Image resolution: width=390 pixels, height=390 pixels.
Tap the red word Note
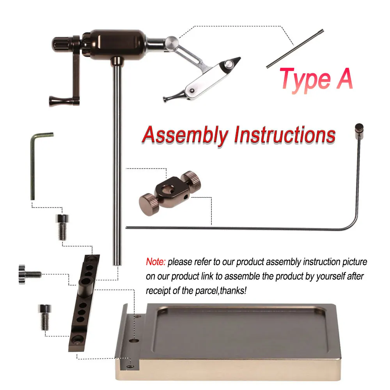pyautogui.click(x=156, y=262)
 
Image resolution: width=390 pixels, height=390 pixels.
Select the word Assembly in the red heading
pyautogui.click(x=185, y=135)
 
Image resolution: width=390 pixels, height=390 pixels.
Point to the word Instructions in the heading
pyautogui.click(x=285, y=135)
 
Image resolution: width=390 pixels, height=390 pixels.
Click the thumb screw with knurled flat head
pyautogui.click(x=30, y=275)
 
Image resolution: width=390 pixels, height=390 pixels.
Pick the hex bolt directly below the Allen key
pyautogui.click(x=62, y=227)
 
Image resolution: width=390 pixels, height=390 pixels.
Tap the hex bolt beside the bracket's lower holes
pyautogui.click(x=45, y=317)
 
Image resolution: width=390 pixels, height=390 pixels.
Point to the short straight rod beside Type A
pyautogui.click(x=295, y=48)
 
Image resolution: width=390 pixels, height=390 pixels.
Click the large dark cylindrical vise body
pyautogui.click(x=117, y=45)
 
